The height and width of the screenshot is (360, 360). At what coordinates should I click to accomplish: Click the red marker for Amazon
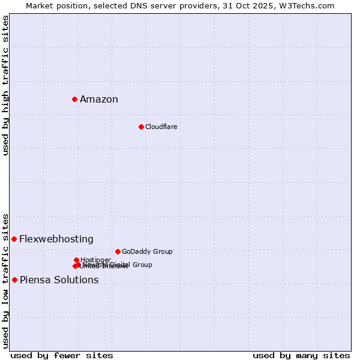click(x=74, y=99)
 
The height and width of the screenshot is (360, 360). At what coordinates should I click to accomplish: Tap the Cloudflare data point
click(x=141, y=127)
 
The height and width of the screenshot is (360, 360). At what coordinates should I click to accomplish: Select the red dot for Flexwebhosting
click(x=14, y=239)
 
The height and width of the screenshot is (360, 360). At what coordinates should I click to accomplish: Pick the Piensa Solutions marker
click(x=14, y=280)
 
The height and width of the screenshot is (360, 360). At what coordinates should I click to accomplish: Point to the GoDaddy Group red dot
click(x=118, y=251)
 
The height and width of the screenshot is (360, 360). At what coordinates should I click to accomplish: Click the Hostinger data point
click(x=76, y=260)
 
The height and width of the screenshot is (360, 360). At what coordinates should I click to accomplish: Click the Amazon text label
click(x=99, y=100)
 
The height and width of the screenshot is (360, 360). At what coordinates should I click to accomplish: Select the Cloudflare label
click(x=161, y=127)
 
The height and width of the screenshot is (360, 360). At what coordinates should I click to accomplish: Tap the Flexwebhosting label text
click(x=56, y=239)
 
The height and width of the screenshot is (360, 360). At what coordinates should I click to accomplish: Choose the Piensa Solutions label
click(x=59, y=280)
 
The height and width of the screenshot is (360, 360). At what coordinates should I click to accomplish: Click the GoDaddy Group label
click(x=147, y=251)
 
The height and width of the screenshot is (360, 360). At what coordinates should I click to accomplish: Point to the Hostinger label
click(x=95, y=260)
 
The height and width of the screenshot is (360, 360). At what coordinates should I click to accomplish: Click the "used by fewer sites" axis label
click(x=62, y=355)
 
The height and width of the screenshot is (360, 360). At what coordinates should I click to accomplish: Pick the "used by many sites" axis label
click(x=301, y=355)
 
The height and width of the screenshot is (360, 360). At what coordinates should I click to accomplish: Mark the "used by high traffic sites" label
click(x=6, y=85)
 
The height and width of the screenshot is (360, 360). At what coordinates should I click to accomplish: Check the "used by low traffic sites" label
click(x=6, y=280)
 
